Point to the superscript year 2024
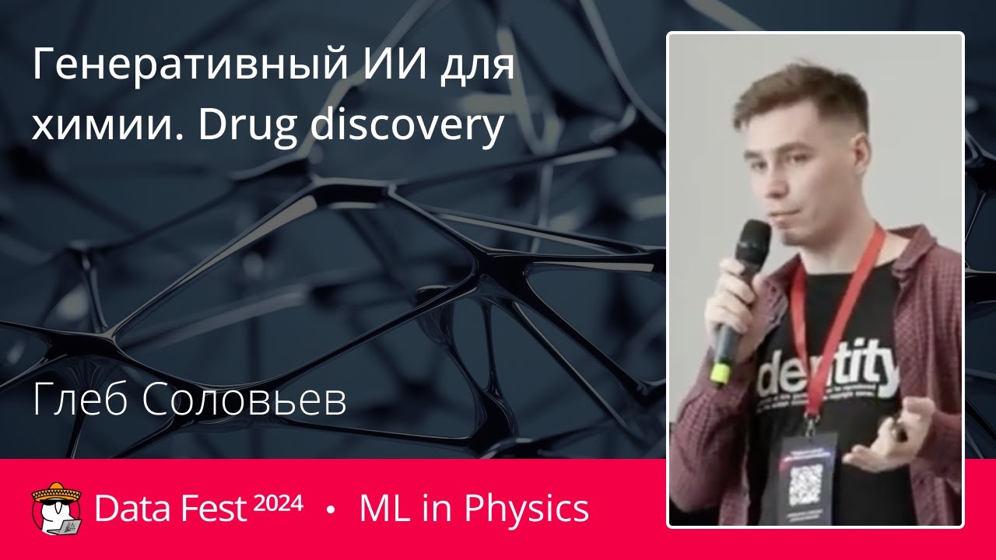(278, 503)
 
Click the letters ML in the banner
(380, 509)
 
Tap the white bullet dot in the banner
(331, 509)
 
